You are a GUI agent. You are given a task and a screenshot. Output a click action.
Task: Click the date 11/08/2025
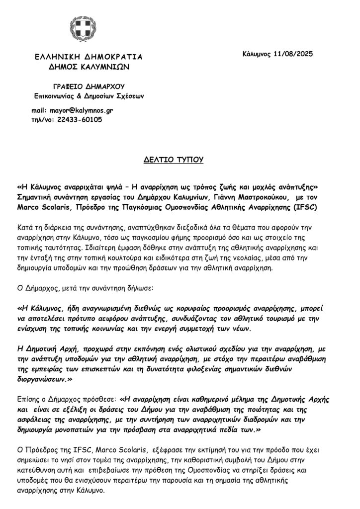click(x=294, y=54)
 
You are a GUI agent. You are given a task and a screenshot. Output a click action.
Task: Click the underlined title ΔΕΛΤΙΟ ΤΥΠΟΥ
click(x=180, y=161)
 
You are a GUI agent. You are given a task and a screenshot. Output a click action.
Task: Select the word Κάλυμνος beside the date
click(x=258, y=54)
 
